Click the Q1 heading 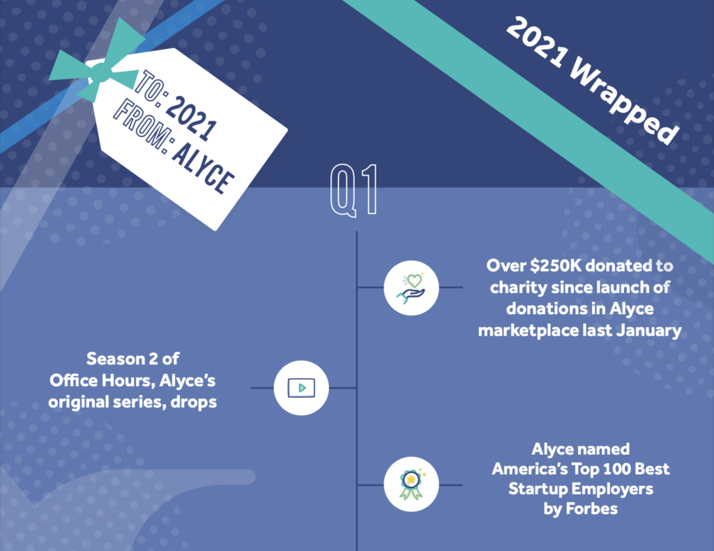pos(354,189)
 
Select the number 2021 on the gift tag pos(190,118)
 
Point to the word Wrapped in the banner pos(625,100)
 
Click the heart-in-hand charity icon pos(411,288)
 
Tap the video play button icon pos(301,388)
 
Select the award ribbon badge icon pos(411,485)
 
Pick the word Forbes pos(591,509)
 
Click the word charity pos(519,288)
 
